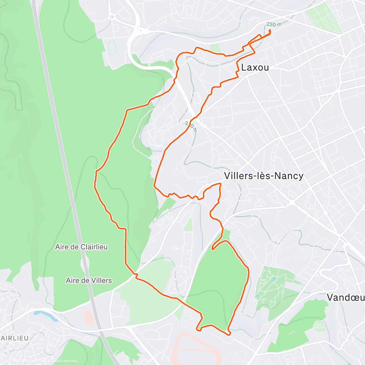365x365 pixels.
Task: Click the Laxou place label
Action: click(255, 68)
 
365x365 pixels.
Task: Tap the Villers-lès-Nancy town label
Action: click(263, 176)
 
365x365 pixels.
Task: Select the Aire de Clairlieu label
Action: click(82, 247)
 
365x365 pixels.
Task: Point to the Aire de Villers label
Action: click(89, 280)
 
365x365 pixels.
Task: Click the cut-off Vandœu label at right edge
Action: click(346, 297)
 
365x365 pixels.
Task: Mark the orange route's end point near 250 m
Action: click(270, 30)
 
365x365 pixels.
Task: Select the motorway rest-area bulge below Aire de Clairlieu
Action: click(84, 263)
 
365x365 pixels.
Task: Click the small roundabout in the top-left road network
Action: click(112, 17)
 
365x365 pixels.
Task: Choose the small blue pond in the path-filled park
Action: click(273, 279)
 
